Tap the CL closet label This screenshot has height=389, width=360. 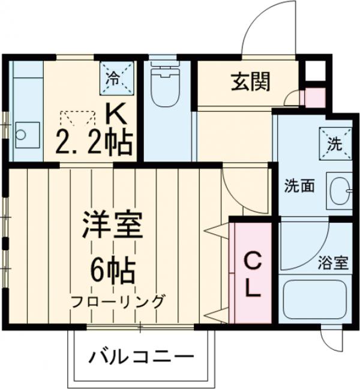pyautogui.click(x=253, y=276)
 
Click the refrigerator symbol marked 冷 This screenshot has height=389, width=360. pyautogui.click(x=113, y=77)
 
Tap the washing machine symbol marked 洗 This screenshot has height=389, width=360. pyautogui.click(x=334, y=144)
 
